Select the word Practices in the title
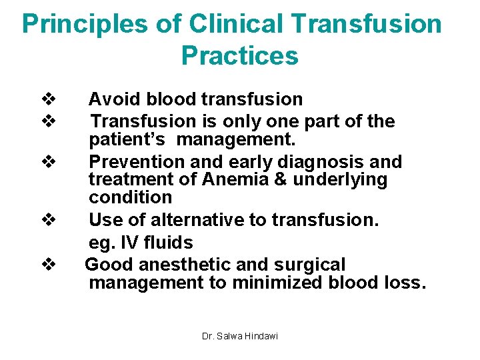click(239, 56)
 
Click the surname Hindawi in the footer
click(261, 336)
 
